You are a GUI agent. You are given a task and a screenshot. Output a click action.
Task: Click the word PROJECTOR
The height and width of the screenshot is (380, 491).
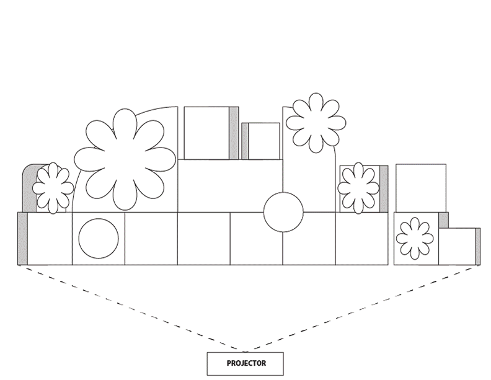point(246,363)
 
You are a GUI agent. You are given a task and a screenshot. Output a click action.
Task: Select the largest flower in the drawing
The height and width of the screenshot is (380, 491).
point(125,159)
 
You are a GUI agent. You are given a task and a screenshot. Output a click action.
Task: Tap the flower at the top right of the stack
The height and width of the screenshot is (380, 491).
point(316,123)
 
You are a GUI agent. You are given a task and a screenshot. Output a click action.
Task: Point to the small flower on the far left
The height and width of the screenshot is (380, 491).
point(53,188)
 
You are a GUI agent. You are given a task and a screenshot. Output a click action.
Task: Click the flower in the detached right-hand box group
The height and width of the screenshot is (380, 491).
point(414,237)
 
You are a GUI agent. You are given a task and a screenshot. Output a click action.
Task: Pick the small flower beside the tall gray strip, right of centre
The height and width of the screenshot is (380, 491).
point(358,188)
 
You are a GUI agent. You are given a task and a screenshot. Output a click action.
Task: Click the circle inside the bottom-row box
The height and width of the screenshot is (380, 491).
point(99,239)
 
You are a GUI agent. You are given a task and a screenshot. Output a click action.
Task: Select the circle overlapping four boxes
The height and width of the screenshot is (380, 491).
point(283,212)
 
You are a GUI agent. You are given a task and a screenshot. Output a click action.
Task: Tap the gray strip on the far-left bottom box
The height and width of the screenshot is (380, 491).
point(22,239)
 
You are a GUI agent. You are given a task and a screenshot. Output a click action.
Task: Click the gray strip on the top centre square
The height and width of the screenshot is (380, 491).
point(234,133)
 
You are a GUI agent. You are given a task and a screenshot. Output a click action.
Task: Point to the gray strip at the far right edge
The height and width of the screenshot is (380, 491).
point(477,246)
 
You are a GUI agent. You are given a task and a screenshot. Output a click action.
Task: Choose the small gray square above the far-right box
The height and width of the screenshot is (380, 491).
point(443,219)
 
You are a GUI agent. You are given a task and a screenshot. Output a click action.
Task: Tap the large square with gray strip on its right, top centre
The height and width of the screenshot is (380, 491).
point(207,133)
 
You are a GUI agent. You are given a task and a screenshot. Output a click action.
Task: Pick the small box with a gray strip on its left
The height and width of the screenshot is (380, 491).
point(260,141)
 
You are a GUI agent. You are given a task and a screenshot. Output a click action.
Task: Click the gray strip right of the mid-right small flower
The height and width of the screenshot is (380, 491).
point(384,188)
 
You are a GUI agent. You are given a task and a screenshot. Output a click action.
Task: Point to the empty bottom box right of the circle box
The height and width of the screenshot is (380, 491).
point(151,239)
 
